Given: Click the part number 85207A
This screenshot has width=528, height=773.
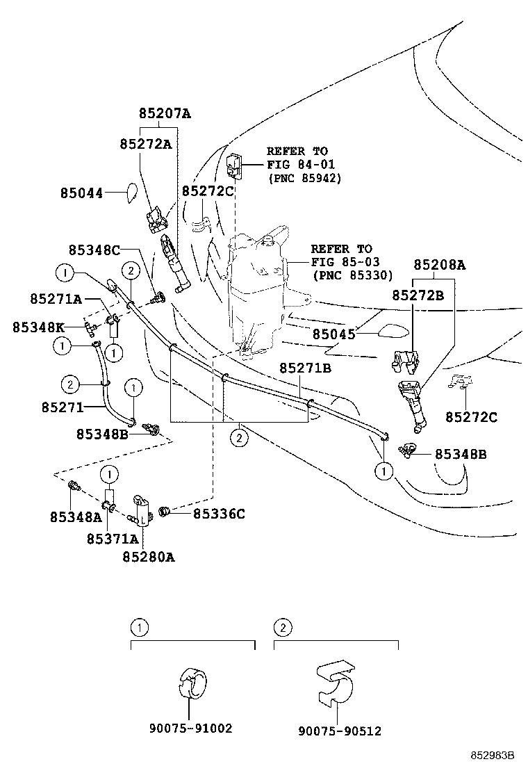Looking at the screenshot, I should pos(164,114).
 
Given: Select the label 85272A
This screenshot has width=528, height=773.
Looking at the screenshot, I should pos(145,144).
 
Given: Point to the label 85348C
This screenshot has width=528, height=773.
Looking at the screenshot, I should pos(94,250).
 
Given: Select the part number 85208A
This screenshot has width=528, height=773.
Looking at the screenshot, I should pos(440,265).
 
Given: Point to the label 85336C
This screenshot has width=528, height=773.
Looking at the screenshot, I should pos(219,514).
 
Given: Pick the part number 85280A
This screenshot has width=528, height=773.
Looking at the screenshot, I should pos(149,556).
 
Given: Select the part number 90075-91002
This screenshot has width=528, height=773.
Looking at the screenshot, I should pos(190,729).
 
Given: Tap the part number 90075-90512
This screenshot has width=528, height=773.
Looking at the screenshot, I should pos(340,731).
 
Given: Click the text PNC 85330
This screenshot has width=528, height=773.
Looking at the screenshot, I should pos(352,275).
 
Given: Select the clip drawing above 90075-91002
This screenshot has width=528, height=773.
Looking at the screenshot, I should pos(190,681).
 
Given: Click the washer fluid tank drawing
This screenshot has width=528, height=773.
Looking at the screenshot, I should pos(258,285).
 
